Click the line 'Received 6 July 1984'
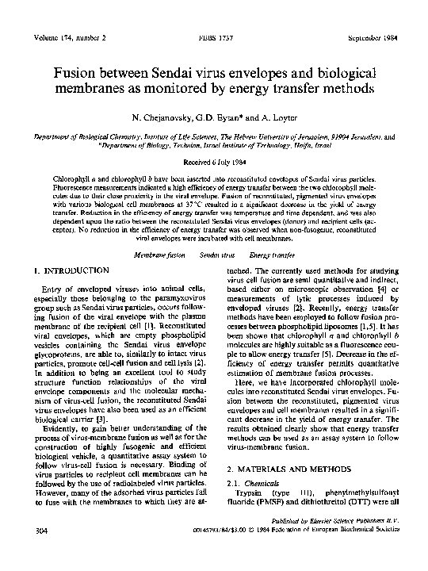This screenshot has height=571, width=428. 214,156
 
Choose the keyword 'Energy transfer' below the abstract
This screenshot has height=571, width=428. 271,256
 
